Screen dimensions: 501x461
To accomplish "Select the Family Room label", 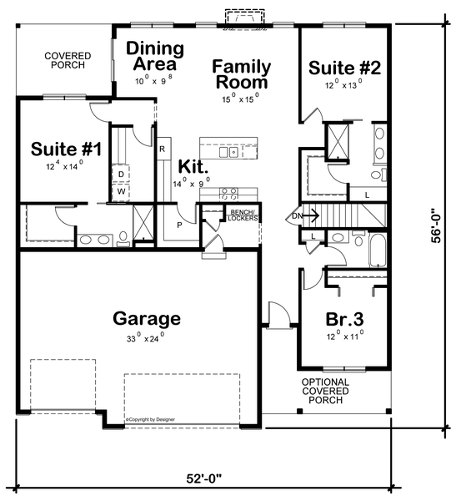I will coord(240,73).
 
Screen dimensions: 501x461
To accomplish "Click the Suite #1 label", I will coord(66,150).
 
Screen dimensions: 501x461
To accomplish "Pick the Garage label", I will coord(147,318).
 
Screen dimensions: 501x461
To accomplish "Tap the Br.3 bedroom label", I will coord(343,319).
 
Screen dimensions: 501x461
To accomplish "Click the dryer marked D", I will coord(121,175).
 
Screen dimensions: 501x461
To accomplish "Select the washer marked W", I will coord(121,190).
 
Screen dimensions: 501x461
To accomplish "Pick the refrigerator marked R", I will coord(163,149).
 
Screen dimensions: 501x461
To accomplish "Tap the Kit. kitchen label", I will coord(191,166).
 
